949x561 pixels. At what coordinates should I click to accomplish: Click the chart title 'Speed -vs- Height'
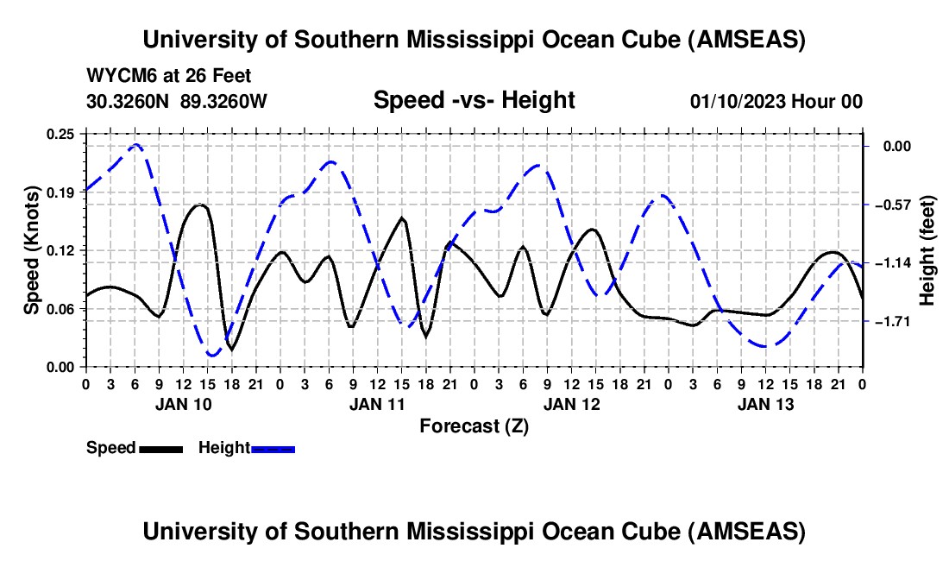[474, 100]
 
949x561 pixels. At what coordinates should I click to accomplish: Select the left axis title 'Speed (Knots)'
[32, 250]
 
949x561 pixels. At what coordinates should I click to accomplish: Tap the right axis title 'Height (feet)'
[927, 250]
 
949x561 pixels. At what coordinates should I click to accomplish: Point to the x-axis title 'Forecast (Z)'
[474, 425]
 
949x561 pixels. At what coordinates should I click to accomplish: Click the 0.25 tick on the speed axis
[61, 134]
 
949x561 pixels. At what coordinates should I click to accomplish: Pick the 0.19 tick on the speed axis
[61, 192]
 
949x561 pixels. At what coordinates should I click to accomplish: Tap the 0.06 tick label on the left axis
[61, 309]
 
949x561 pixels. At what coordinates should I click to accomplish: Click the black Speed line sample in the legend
[160, 449]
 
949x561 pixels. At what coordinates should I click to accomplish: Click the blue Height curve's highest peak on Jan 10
[135, 144]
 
